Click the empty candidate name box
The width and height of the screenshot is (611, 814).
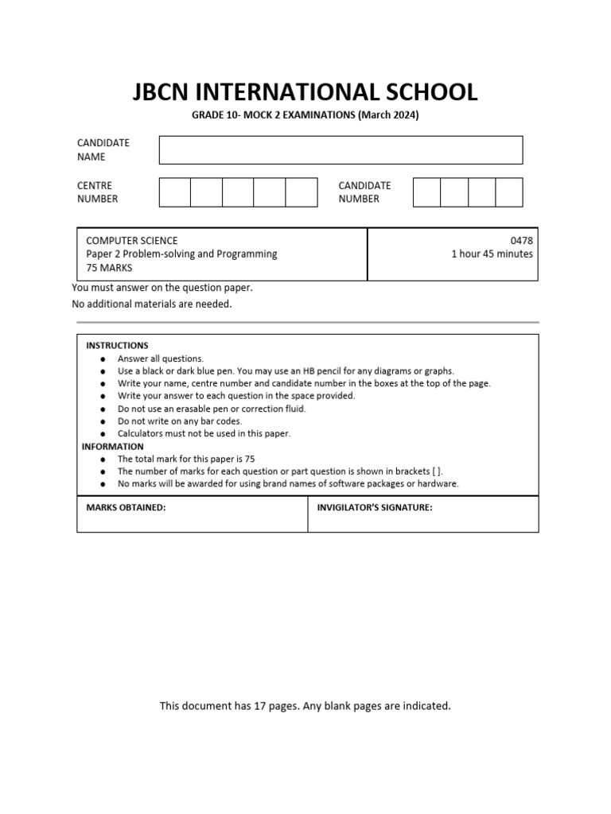[341, 149]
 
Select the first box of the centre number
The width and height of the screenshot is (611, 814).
[175, 192]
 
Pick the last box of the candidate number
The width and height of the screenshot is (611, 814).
[509, 192]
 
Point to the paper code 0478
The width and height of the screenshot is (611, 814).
[523, 240]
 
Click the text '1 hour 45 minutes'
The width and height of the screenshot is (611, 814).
[492, 254]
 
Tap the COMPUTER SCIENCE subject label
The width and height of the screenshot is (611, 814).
[131, 240]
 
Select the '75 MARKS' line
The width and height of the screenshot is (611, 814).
[109, 268]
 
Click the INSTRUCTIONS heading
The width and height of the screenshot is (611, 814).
[117, 346]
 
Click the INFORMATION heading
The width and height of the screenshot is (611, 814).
[113, 447]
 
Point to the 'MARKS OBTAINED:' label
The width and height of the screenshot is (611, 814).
[126, 507]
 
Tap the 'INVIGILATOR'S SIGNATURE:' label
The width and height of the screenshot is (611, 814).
[375, 507]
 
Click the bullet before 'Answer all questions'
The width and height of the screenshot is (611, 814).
[103, 359]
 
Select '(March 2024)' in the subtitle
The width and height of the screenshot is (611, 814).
[388, 115]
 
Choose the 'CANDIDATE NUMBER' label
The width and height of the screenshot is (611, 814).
[364, 192]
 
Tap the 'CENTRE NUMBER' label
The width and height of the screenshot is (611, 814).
[97, 192]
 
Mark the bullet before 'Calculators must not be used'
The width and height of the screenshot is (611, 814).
[103, 434]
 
